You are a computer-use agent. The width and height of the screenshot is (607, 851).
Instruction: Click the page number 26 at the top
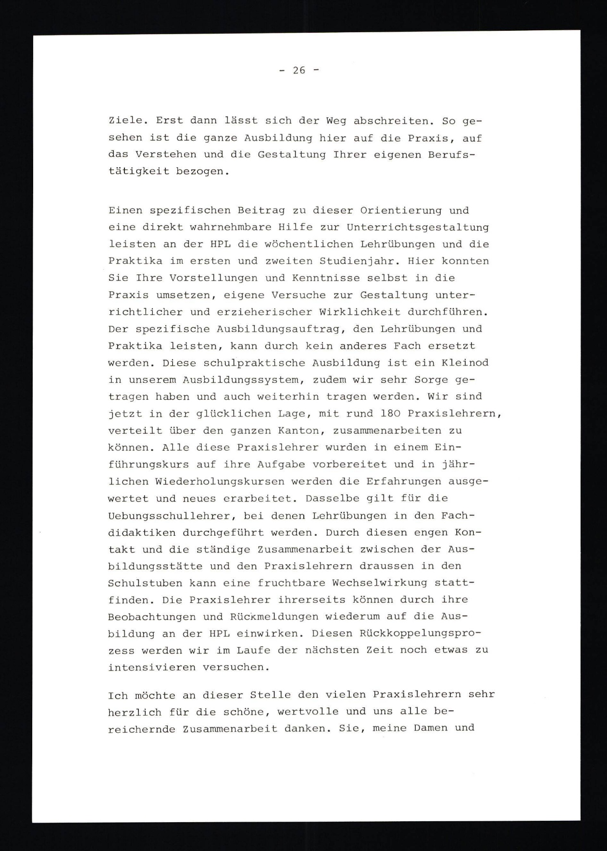(x=298, y=70)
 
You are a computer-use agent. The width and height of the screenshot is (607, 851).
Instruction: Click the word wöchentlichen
(x=308, y=244)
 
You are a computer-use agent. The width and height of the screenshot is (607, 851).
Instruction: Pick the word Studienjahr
(x=359, y=261)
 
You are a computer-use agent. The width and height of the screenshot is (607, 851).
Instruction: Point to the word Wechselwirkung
(x=380, y=583)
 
